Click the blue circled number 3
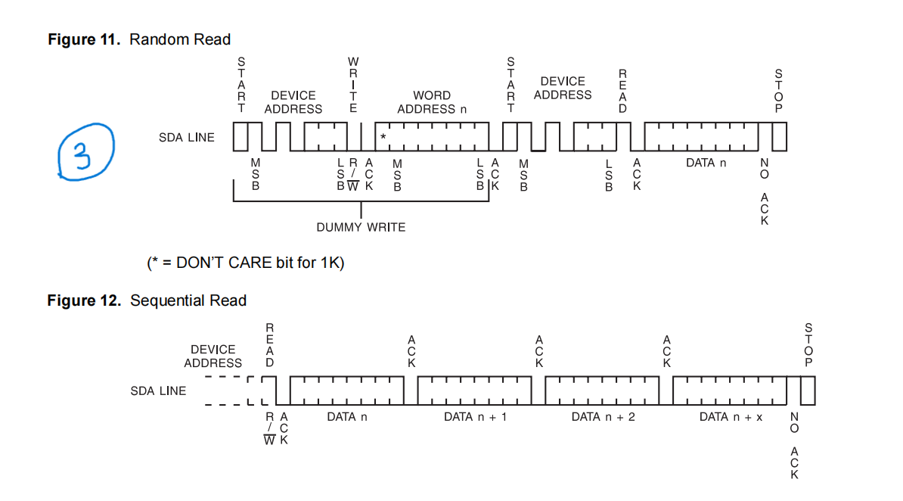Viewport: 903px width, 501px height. (85, 153)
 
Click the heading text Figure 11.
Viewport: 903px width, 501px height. (84, 39)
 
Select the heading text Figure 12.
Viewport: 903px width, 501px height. (84, 300)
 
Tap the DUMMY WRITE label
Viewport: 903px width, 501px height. (361, 227)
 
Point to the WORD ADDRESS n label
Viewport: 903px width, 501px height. (432, 102)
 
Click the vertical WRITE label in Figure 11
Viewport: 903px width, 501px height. (353, 84)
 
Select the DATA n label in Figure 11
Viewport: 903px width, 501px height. (706, 163)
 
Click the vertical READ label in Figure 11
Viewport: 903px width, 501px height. (622, 90)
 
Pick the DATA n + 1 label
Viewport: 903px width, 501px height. (475, 417)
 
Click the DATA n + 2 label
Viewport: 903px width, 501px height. (603, 417)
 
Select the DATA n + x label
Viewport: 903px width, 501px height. (731, 417)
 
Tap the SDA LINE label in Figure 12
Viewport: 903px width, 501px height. (158, 391)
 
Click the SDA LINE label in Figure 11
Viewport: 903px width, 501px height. (186, 138)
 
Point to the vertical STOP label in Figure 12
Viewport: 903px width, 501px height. (808, 344)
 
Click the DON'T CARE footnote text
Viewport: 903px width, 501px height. (246, 263)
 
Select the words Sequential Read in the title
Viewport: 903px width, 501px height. (188, 300)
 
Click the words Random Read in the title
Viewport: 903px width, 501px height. (180, 39)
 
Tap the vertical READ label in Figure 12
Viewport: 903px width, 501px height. (269, 344)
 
